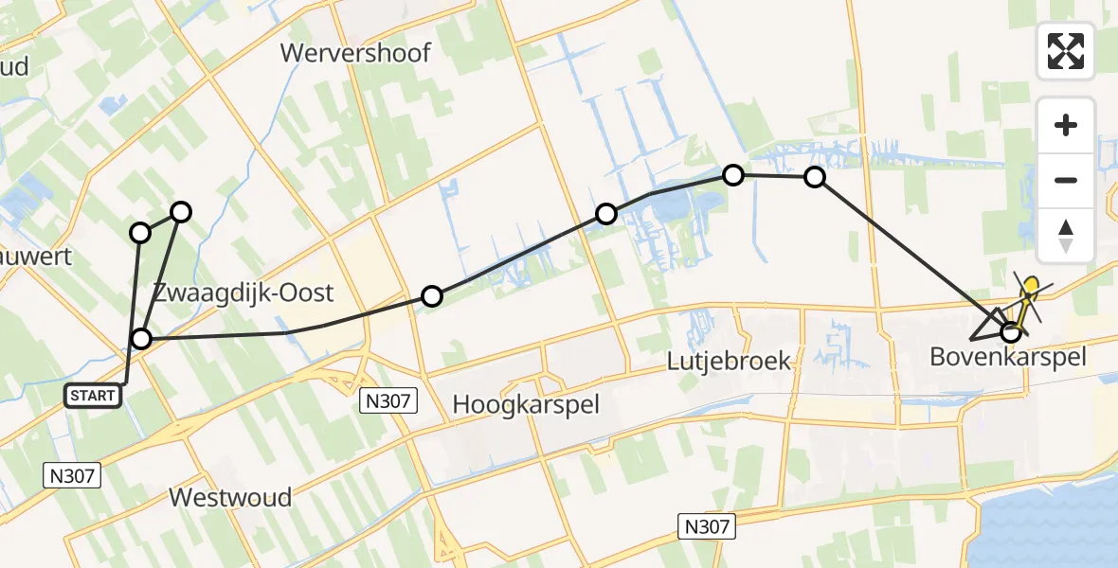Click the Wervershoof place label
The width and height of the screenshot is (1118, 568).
tap(355, 53)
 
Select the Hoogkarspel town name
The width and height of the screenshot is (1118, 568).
tap(526, 404)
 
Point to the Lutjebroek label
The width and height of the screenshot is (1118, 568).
tap(728, 361)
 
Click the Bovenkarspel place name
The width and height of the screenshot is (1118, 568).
tap(1007, 357)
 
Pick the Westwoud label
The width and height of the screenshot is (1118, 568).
tap(230, 497)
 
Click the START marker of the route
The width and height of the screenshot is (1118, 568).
tap(94, 396)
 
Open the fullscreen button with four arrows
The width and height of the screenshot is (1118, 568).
tap(1066, 51)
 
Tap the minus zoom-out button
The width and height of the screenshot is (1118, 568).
tap(1066, 180)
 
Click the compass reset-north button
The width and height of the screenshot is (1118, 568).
tap(1066, 236)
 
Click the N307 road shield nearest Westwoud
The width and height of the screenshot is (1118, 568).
tap(74, 476)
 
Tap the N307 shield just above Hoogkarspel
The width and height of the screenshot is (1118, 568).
tap(389, 401)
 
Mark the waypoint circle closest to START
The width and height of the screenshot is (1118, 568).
tap(141, 339)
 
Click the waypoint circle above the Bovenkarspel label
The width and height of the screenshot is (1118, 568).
tap(1011, 332)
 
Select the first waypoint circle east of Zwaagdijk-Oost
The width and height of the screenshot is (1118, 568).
tap(432, 296)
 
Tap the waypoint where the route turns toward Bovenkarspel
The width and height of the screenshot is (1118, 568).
tap(815, 177)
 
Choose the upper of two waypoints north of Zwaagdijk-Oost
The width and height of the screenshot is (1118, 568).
tap(180, 212)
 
